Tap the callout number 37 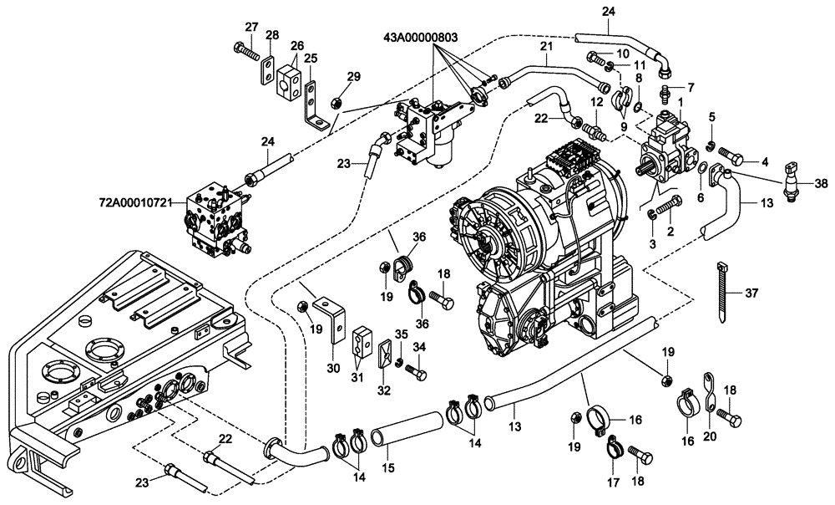coord(751,293)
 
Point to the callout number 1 coord(682,100)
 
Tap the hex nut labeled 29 coord(331,102)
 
